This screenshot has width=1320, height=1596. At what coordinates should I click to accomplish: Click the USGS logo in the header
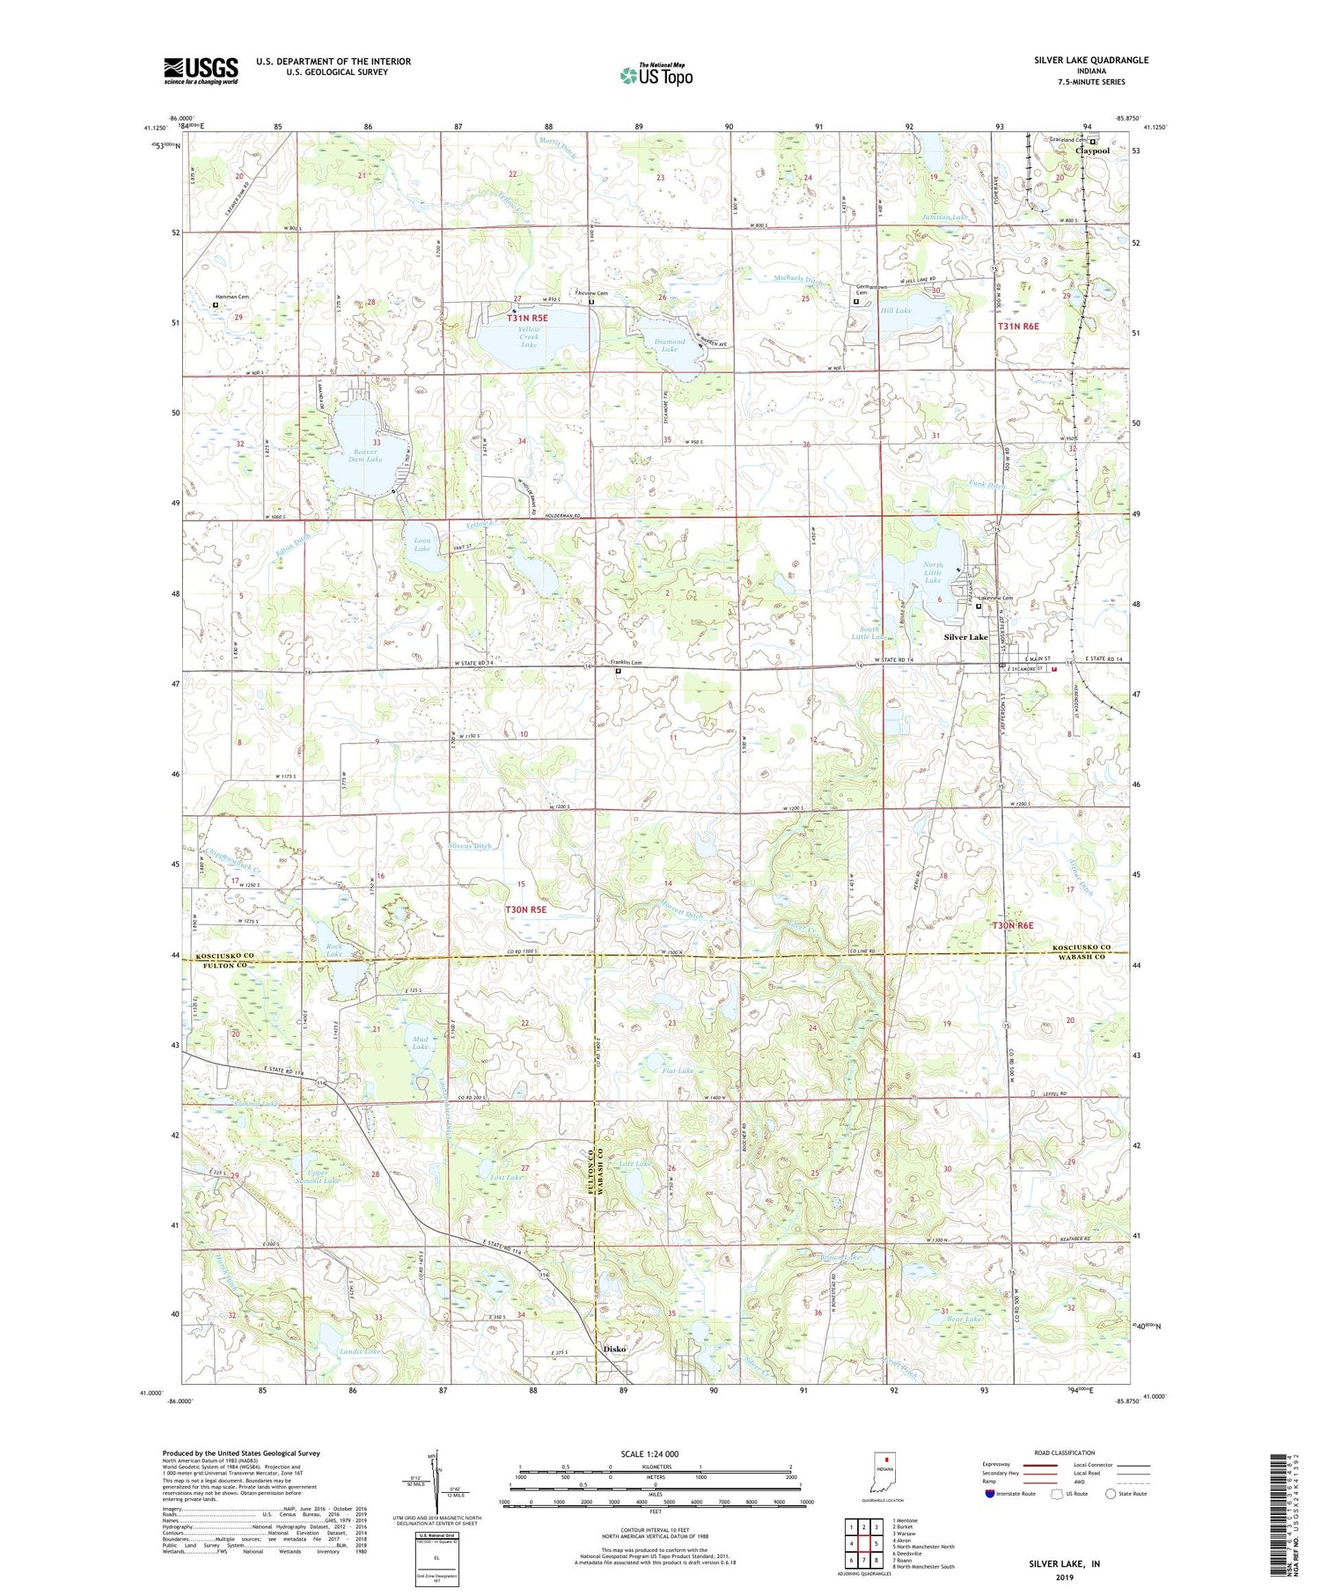[201, 70]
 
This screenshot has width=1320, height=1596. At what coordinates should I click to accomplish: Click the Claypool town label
[1092, 151]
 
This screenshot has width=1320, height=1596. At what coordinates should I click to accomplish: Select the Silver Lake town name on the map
[965, 636]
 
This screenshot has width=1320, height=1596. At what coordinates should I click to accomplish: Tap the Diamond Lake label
[669, 345]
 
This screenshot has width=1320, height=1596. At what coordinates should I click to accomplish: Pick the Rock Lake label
[334, 950]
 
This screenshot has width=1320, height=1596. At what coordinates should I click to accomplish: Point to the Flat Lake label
[678, 1071]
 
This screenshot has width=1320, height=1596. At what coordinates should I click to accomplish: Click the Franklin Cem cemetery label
[620, 664]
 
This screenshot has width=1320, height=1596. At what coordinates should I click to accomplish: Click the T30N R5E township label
[525, 909]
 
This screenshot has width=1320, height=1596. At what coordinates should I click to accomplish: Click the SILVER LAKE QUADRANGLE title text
[1091, 60]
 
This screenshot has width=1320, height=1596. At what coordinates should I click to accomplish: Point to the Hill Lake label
[897, 311]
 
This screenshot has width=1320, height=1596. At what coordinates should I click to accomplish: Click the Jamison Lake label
[944, 217]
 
